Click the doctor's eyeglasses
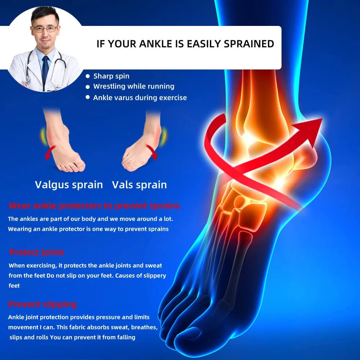click(45, 28)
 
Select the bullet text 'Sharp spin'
click(111, 76)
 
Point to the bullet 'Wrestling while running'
click(134, 86)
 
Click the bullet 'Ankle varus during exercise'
click(140, 98)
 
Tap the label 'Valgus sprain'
click(69, 185)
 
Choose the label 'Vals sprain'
click(139, 185)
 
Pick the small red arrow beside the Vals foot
click(153, 153)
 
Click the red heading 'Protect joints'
click(37, 252)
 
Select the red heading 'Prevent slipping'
click(42, 304)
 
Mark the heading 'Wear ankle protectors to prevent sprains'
click(94, 206)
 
